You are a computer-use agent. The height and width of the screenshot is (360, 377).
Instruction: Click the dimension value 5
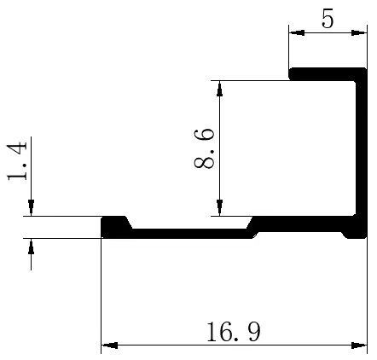coord(328,19)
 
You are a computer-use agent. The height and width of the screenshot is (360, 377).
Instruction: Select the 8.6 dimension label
coord(206,148)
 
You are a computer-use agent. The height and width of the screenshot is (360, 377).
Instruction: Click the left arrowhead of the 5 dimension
coord(295,34)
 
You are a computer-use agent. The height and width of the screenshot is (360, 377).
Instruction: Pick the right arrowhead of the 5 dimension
coord(358,34)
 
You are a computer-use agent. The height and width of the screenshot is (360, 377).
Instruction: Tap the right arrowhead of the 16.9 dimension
coord(359,345)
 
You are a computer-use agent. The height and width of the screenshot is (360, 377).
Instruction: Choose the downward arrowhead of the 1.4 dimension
coord(31,209)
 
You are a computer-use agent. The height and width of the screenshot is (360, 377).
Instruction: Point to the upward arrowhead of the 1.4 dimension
coord(31,245)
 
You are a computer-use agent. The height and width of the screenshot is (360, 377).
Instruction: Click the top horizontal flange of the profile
coord(324,74)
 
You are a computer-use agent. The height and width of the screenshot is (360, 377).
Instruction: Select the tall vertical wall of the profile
coord(359,145)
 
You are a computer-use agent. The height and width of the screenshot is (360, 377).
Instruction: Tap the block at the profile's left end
coord(113,226)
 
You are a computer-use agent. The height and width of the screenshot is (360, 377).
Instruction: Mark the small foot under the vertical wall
coord(352,231)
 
